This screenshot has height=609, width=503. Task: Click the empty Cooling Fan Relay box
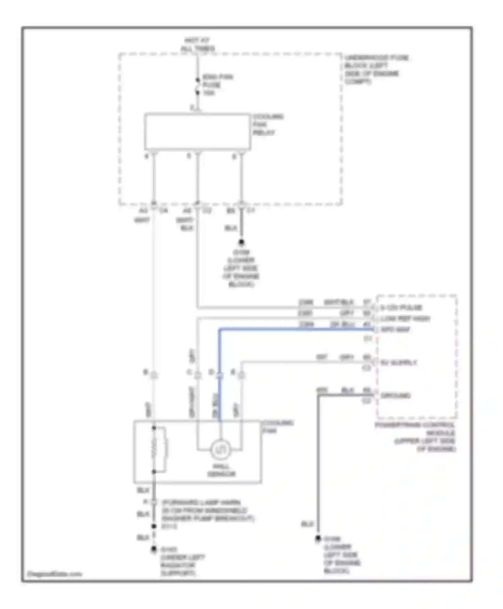pos(197,132)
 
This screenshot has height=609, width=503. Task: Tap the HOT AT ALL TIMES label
pos(197,45)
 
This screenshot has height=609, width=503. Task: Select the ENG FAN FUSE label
pos(217,85)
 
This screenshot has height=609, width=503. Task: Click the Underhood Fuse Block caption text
pos(376,69)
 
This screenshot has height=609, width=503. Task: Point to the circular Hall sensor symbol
pos(220,450)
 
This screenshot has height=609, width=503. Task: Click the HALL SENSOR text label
pos(221,470)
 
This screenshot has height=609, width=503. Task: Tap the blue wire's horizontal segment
pos(295,330)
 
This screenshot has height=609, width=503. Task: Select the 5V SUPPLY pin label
pos(399,363)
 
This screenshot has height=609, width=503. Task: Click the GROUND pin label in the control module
pos(395,395)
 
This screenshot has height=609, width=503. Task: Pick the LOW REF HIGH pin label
pos(405,318)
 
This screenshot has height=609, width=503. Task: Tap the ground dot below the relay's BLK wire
pos(241,242)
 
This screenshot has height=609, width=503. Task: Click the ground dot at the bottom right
pos(318,539)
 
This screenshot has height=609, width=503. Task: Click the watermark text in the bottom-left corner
pos(54,574)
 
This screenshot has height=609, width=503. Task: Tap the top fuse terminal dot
pos(198,80)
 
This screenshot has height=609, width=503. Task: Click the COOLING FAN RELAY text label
pos(268,125)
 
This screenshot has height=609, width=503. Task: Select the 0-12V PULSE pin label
pos(401,308)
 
